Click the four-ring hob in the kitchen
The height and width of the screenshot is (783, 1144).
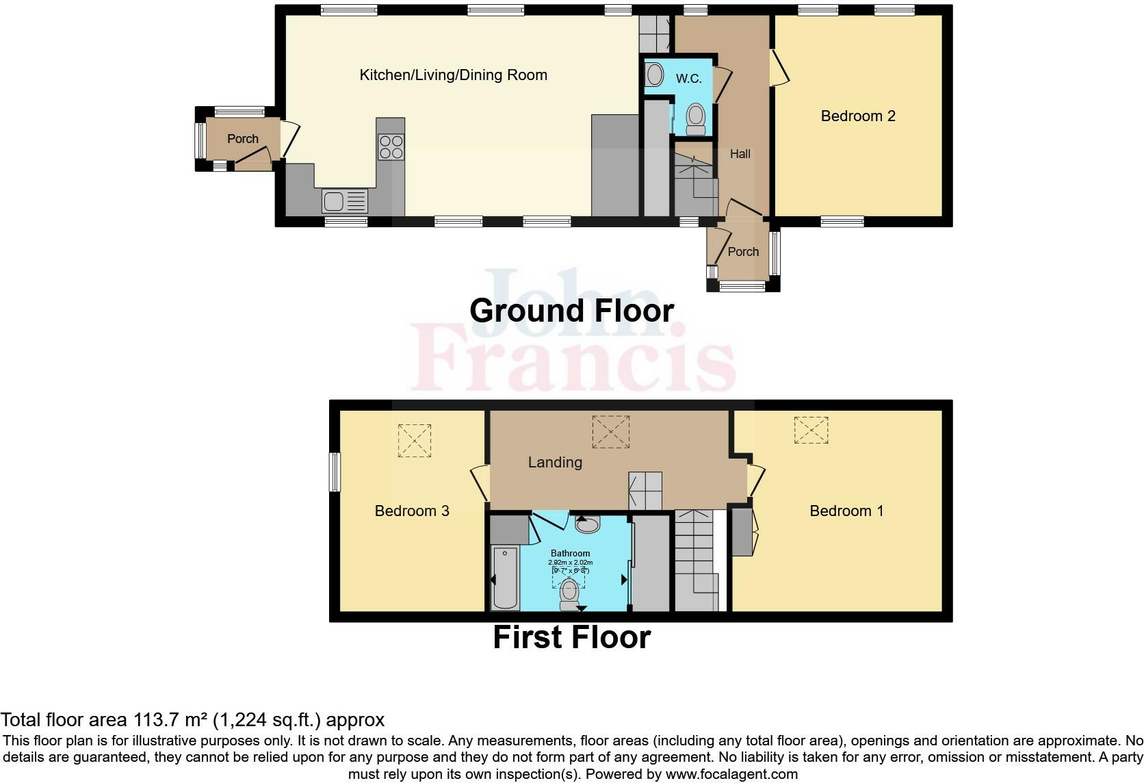(391, 146)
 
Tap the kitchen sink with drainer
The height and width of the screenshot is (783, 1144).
(344, 201)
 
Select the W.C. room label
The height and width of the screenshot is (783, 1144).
(688, 79)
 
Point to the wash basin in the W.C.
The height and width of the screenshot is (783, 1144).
(654, 75)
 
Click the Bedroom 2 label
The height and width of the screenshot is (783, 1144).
(857, 116)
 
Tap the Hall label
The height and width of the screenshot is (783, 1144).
(740, 154)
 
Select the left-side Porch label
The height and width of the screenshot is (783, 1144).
(242, 138)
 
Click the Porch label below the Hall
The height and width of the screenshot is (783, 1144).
(742, 252)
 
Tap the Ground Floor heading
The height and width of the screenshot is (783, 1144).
(571, 311)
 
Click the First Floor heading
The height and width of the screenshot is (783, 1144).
(571, 637)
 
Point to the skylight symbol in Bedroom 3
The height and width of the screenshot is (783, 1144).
(415, 440)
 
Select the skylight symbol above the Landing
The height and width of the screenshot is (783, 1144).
(610, 432)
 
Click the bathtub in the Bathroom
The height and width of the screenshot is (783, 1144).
(505, 578)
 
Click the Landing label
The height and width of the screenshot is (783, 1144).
(555, 462)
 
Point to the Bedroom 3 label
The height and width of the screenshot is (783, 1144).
(412, 511)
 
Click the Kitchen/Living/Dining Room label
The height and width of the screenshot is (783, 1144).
(453, 75)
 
